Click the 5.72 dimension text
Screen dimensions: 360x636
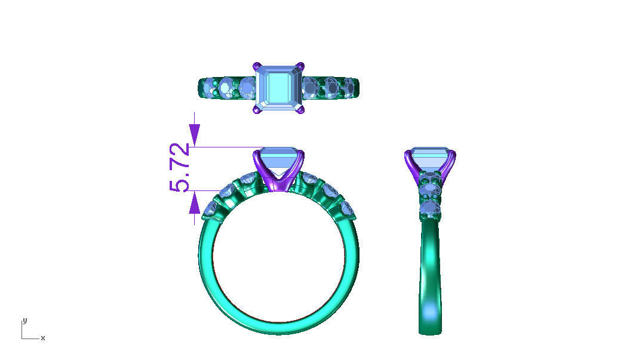(180, 168)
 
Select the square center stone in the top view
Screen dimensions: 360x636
(279, 88)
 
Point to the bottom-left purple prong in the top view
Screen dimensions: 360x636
(257, 110)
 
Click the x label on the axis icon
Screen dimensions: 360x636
(43, 339)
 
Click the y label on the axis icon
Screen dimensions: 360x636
(24, 321)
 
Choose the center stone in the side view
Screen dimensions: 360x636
(430, 158)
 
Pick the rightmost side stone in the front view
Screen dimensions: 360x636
(348, 209)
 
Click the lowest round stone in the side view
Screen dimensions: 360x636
(431, 210)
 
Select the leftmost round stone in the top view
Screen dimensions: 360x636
(208, 90)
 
